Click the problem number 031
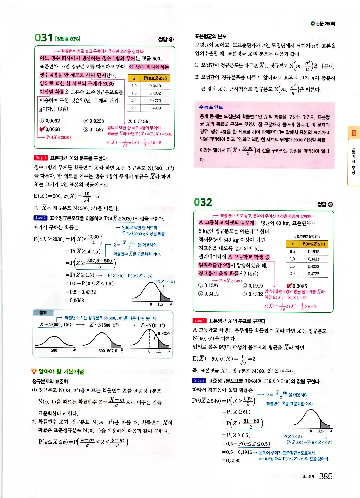43,38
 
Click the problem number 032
203,202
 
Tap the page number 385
326,476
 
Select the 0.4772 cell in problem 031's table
155,101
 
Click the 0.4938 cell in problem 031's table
155,108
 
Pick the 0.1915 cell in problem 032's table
313,251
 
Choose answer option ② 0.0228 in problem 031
94,121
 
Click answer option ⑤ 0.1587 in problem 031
94,129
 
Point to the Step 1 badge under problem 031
40,158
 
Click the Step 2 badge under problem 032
199,381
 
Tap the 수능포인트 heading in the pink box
211,107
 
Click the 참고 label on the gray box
43,312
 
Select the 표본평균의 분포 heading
211,36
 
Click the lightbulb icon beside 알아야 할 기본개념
34,371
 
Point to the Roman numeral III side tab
354,133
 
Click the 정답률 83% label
68,39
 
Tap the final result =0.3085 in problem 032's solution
231,460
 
